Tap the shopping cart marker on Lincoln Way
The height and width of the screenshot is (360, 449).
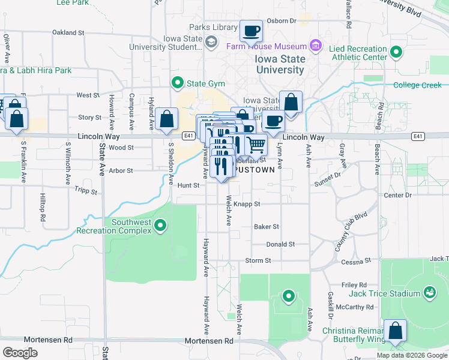point(256,145)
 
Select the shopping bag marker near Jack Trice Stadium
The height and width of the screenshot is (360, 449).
point(396,331)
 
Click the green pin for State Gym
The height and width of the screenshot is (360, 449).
point(177,82)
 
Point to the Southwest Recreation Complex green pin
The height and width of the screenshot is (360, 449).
point(160,226)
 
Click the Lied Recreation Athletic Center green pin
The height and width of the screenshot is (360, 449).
point(396,53)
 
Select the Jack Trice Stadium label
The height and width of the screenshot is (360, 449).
point(385,293)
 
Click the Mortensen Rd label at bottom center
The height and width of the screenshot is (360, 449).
point(208,340)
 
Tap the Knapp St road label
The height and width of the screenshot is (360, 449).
point(247,204)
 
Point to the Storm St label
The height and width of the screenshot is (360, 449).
point(258,260)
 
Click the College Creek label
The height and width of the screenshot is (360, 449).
point(417,85)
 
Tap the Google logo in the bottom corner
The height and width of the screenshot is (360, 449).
point(20,352)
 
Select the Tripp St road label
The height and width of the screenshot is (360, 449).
point(85,191)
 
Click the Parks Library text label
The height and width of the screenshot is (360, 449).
point(213,28)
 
